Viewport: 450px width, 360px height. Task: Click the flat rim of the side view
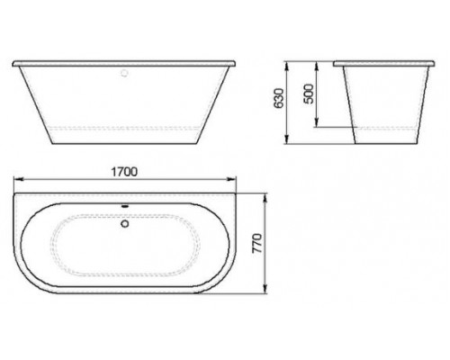(x=382, y=65)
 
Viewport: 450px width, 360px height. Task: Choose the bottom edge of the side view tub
(x=383, y=145)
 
